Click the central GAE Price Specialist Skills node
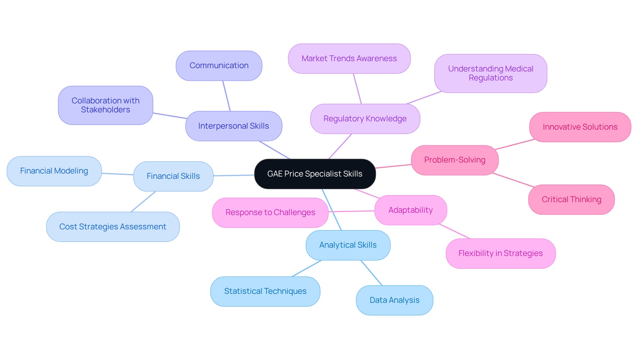point(315,174)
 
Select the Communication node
point(219,65)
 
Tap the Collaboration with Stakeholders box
point(105,105)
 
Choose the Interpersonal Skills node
point(234,126)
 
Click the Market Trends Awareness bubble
point(349,59)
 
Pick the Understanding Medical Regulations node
point(490,73)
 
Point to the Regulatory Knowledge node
point(365,119)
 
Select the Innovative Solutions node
point(580,127)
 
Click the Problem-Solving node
point(455,160)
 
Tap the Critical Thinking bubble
point(571,199)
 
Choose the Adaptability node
point(410,210)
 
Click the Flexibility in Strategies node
point(500,253)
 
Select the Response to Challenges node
point(270,212)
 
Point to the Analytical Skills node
point(348,245)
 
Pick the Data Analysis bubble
point(394,300)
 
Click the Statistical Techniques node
point(265,291)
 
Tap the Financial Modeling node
point(54,171)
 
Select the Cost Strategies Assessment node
point(113,227)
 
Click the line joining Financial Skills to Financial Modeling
point(117,174)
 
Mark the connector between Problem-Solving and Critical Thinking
point(513,180)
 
